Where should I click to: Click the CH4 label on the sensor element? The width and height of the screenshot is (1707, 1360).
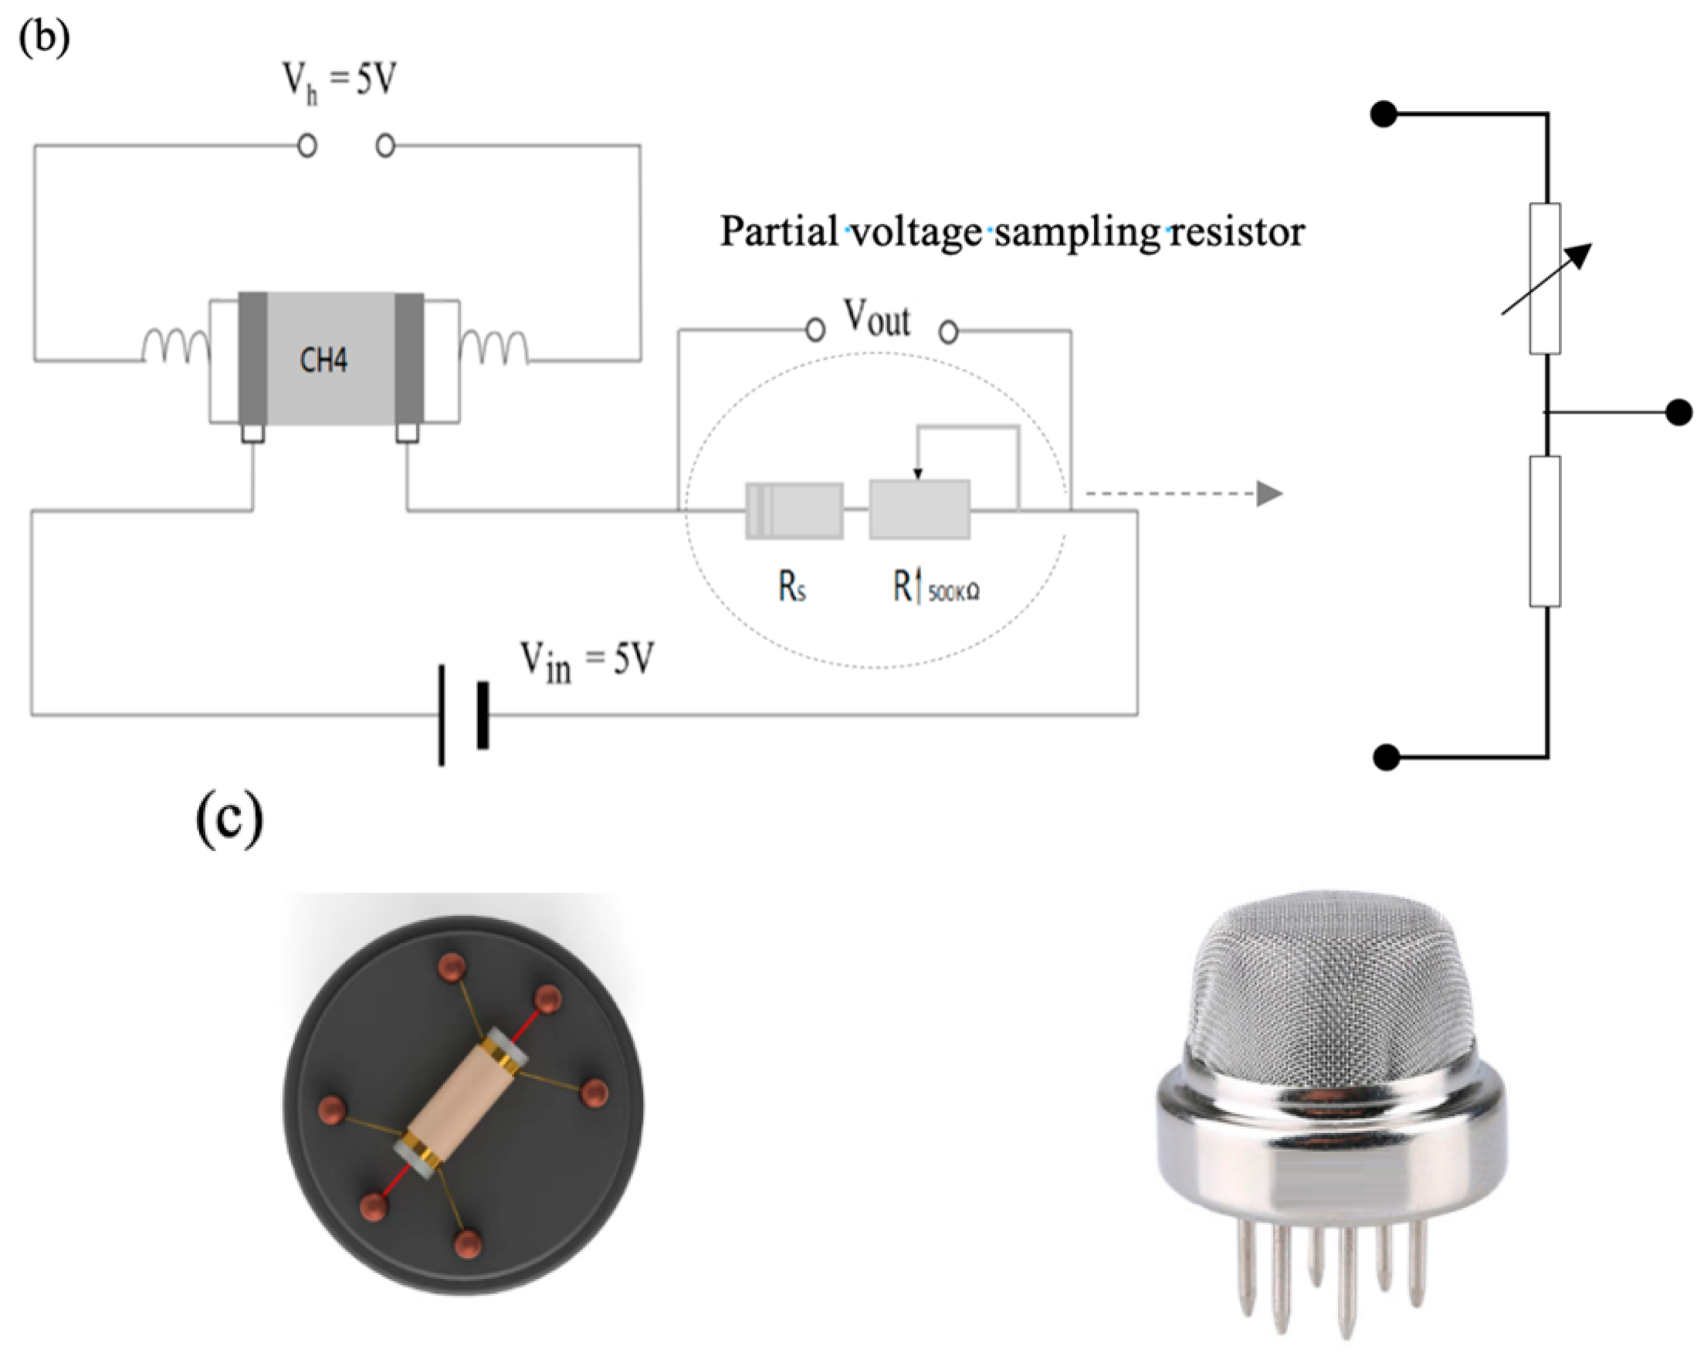(323, 361)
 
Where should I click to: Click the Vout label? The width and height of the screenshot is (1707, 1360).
(877, 318)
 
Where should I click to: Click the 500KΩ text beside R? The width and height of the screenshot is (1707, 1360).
(953, 592)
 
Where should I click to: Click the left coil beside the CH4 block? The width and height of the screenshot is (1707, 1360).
(176, 346)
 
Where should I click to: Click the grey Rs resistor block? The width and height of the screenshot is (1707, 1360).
(794, 511)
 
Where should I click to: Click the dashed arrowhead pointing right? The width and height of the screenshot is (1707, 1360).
(1268, 493)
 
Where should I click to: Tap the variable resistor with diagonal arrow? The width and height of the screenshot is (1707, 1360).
(1545, 278)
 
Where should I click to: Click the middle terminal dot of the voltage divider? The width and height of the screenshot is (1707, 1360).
(1678, 412)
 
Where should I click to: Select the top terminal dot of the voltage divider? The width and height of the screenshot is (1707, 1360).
(1384, 115)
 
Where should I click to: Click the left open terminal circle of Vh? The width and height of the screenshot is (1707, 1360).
(307, 146)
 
